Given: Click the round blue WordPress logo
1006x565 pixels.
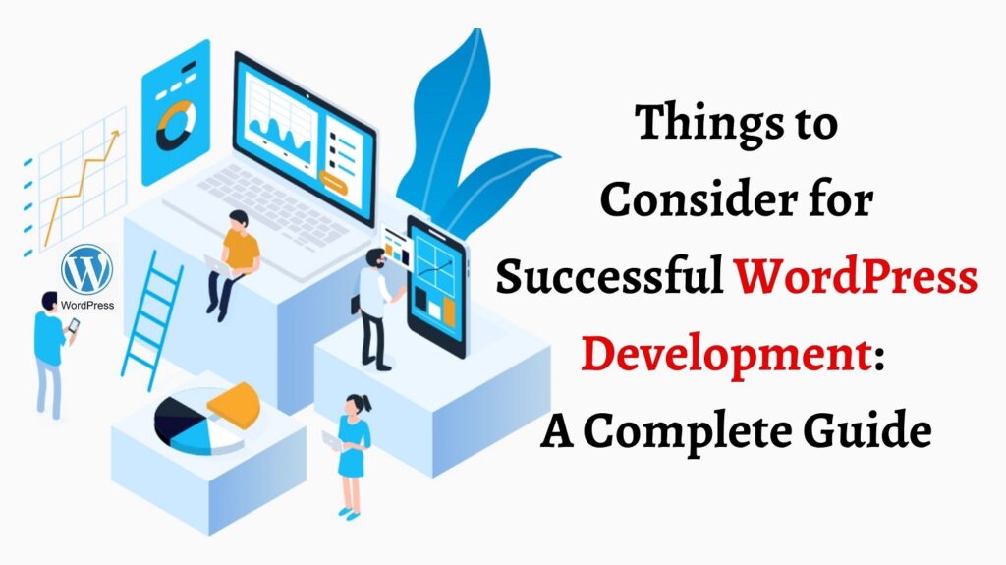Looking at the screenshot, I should point(86,269).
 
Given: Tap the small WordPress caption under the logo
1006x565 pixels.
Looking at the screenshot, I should point(87,305).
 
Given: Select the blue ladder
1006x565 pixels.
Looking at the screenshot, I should point(150,314).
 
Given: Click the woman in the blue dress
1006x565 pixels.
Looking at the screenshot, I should point(353,452).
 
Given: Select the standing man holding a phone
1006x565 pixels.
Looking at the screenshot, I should point(49,349).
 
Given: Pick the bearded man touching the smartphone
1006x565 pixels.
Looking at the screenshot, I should point(373,305).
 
